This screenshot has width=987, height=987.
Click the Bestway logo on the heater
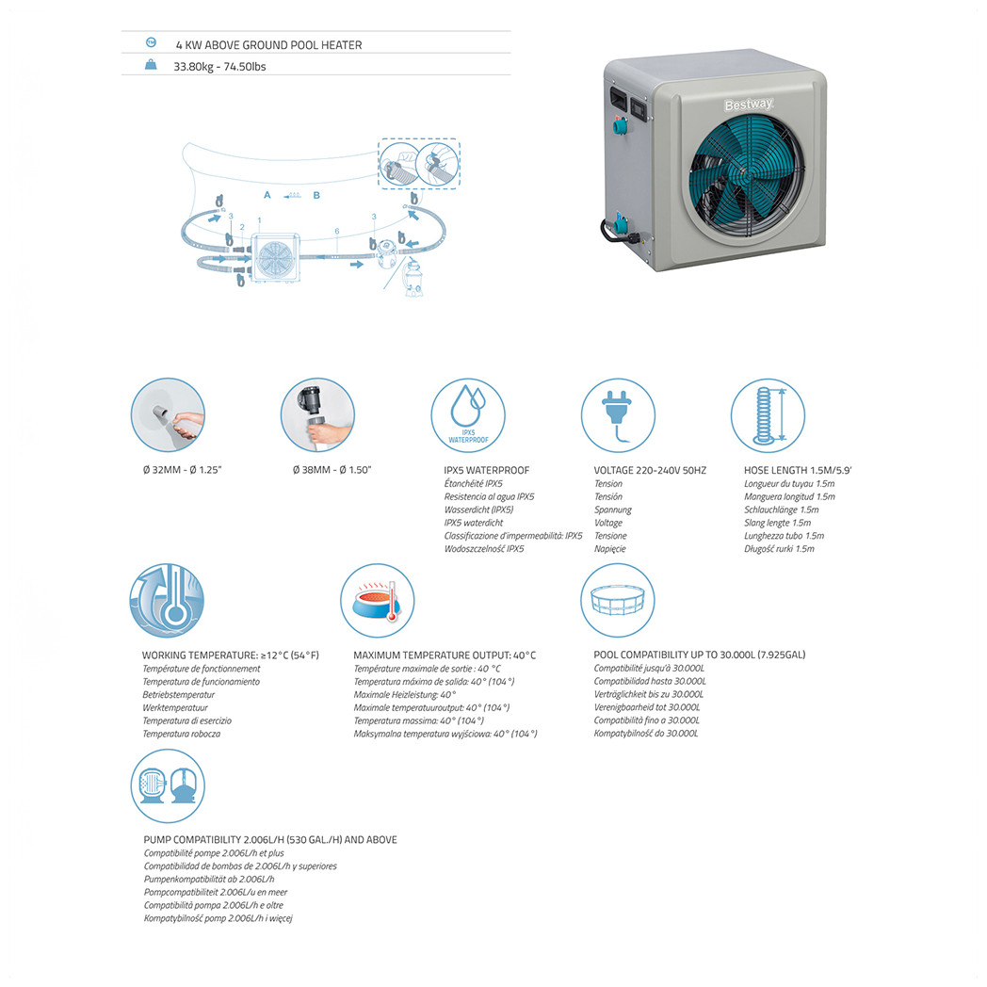coord(749,105)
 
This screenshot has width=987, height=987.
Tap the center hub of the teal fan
coord(746,177)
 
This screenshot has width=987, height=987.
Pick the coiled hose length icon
coord(768,415)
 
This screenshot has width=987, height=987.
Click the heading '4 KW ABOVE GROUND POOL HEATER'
coord(268,45)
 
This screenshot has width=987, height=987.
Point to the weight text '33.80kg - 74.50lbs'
coord(219,67)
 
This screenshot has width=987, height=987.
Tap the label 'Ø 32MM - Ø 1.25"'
coord(182,470)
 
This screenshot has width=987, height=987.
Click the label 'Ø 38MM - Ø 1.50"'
coord(332,470)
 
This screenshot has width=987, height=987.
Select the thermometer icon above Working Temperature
coord(167,601)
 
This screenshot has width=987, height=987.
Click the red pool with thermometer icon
coord(377,601)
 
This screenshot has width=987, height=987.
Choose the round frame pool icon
coord(618,601)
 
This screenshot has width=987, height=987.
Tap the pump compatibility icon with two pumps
coord(168,785)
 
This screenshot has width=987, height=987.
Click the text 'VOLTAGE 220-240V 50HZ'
coord(650,470)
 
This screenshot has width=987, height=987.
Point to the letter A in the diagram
coord(267,195)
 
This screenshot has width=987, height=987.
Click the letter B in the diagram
coord(316,195)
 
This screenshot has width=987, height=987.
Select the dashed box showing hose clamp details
coord(418,163)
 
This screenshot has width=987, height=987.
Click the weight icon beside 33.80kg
coord(151,64)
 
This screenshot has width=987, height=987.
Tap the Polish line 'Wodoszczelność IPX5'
coord(483,549)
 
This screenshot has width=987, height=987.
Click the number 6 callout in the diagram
coord(337,231)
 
